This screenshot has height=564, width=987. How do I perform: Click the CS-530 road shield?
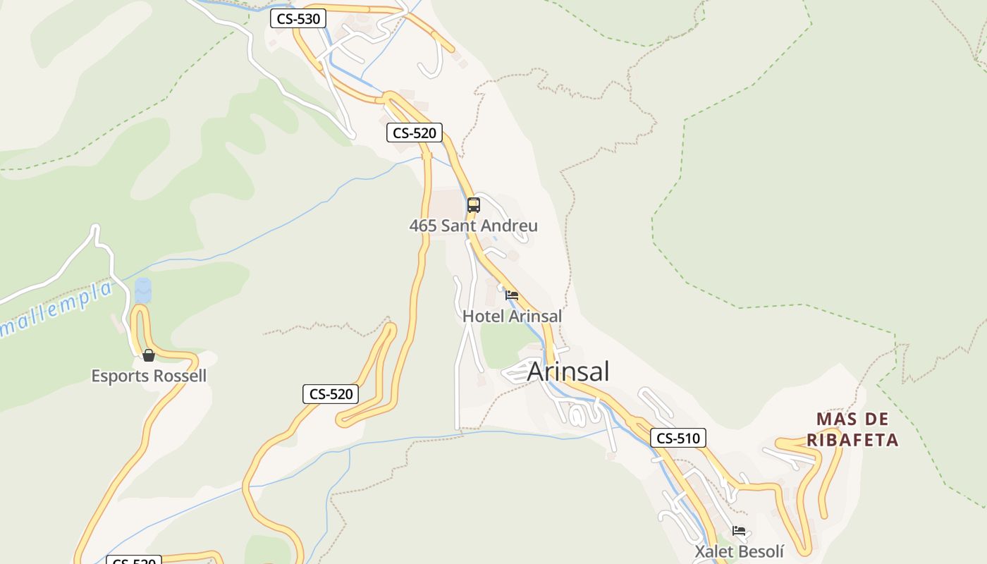[298, 19]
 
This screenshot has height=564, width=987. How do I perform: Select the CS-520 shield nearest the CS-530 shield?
[415, 133]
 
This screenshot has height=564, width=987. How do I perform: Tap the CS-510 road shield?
[678, 438]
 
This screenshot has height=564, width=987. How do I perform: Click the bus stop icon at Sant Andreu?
[474, 205]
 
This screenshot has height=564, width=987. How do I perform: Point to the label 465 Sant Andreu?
[473, 226]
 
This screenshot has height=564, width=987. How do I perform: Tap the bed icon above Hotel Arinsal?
[512, 295]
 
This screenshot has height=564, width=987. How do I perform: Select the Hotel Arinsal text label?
[512, 316]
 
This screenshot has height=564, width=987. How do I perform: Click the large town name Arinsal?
[568, 372]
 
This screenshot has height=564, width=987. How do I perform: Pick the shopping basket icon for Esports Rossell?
[149, 355]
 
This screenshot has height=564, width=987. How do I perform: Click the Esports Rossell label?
[149, 376]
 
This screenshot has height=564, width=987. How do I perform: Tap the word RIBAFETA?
[853, 440]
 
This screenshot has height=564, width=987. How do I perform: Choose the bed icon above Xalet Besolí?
[739, 531]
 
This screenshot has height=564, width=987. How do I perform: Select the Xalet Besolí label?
[739, 551]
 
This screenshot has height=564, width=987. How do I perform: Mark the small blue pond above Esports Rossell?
[143, 290]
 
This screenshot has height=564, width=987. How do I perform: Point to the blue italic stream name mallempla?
[56, 309]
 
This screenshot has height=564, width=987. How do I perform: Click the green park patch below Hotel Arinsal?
[508, 342]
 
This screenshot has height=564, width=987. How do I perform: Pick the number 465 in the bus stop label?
[423, 226]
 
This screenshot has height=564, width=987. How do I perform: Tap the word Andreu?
[513, 226]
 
